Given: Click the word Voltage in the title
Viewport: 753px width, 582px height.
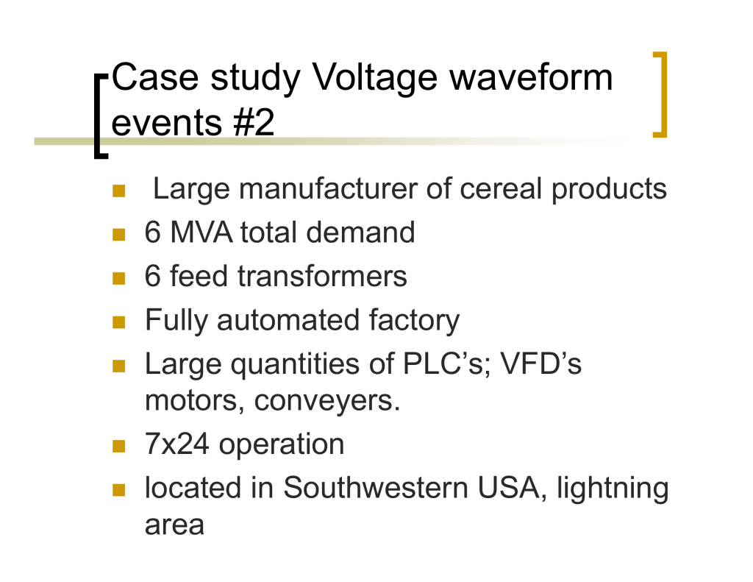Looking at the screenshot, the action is pos(374,78).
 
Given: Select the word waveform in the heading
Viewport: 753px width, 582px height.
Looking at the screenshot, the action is pos(531,77).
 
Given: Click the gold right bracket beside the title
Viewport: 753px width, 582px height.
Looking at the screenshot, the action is pos(660,95).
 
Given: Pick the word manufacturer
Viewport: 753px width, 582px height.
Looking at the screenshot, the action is pos(328,188).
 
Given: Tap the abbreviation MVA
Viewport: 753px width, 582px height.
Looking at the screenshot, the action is pos(201,232).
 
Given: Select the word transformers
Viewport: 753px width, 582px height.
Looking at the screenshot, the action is pos(322,277).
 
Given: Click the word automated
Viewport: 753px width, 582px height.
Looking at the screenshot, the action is pos(288,320).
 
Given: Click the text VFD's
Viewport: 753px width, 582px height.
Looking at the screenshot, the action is pos(540,363).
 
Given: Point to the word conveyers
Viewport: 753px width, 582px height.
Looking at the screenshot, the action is pos(327,401).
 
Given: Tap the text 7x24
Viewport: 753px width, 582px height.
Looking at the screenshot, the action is pos(176,444).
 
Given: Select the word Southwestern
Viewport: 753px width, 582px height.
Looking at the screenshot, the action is pos(376,488).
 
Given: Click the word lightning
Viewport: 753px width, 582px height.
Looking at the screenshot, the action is pos(613,489).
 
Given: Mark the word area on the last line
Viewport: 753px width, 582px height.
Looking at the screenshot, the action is pos(174,525).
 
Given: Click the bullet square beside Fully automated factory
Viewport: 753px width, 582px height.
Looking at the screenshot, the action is pos(118,322).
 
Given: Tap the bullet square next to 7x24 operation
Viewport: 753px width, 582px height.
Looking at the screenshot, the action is pos(118,447).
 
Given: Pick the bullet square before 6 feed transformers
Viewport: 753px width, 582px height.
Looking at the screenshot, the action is pos(118,278).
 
